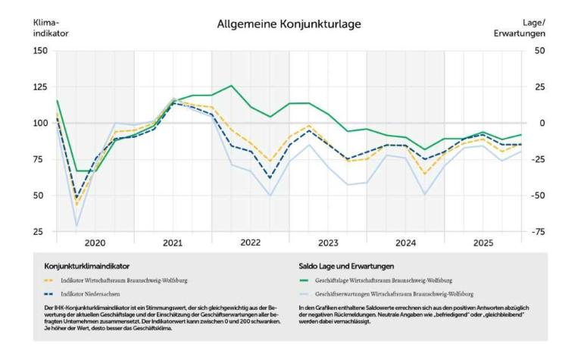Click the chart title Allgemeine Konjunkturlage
click(289, 24)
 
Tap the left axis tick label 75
click(42, 159)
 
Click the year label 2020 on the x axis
click(95, 243)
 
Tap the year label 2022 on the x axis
click(250, 243)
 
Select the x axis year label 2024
click(405, 243)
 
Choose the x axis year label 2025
click(483, 243)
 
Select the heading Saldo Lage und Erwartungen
click(348, 266)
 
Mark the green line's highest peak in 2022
click(231, 86)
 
